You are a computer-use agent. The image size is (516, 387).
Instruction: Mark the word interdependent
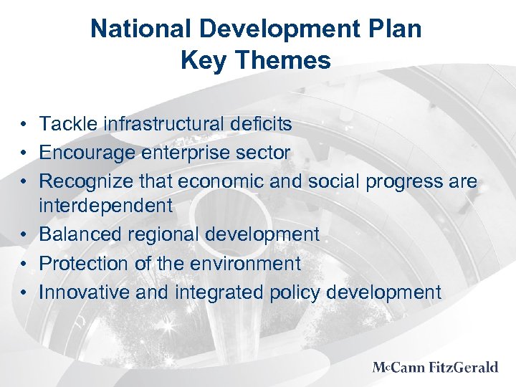105,206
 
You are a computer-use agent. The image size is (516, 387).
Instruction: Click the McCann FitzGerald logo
435,368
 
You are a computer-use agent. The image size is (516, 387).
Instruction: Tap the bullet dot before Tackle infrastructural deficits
24,125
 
